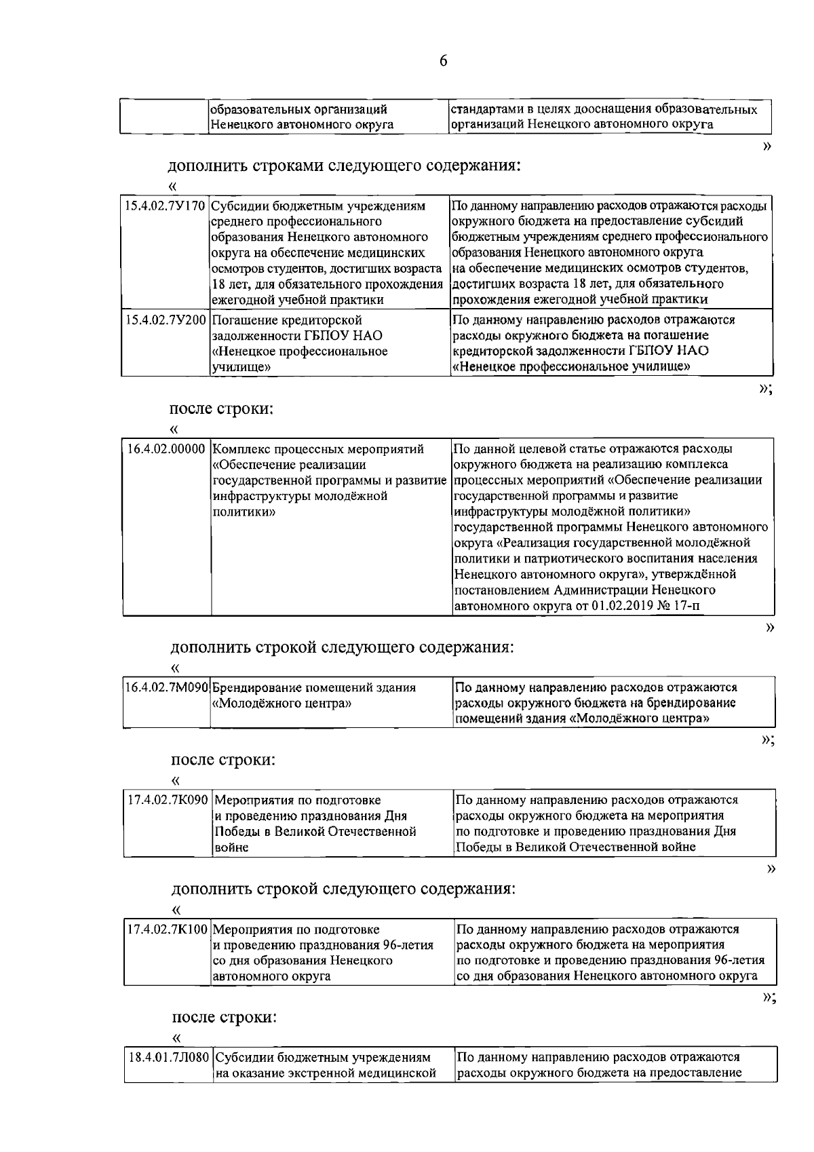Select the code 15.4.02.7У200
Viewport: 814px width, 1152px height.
[165, 320]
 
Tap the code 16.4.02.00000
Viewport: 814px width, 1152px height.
[166, 449]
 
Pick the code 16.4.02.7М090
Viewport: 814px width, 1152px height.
[167, 688]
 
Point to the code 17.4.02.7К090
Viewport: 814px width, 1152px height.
[168, 800]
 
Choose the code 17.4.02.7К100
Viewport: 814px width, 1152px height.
[168, 929]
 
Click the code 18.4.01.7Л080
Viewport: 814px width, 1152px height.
[170, 1058]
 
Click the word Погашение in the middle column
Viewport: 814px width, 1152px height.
[244, 320]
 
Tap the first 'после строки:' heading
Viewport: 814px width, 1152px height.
[220, 408]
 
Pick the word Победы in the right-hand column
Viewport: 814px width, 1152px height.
[476, 847]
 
